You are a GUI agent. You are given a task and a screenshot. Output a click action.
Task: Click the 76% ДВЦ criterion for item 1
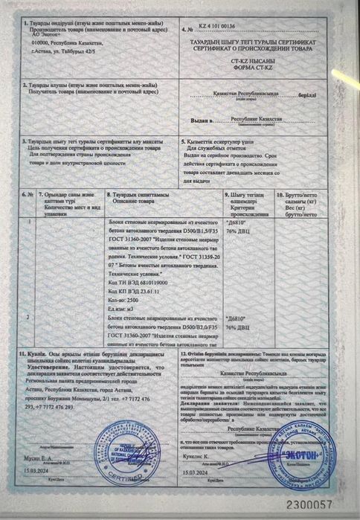237,229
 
